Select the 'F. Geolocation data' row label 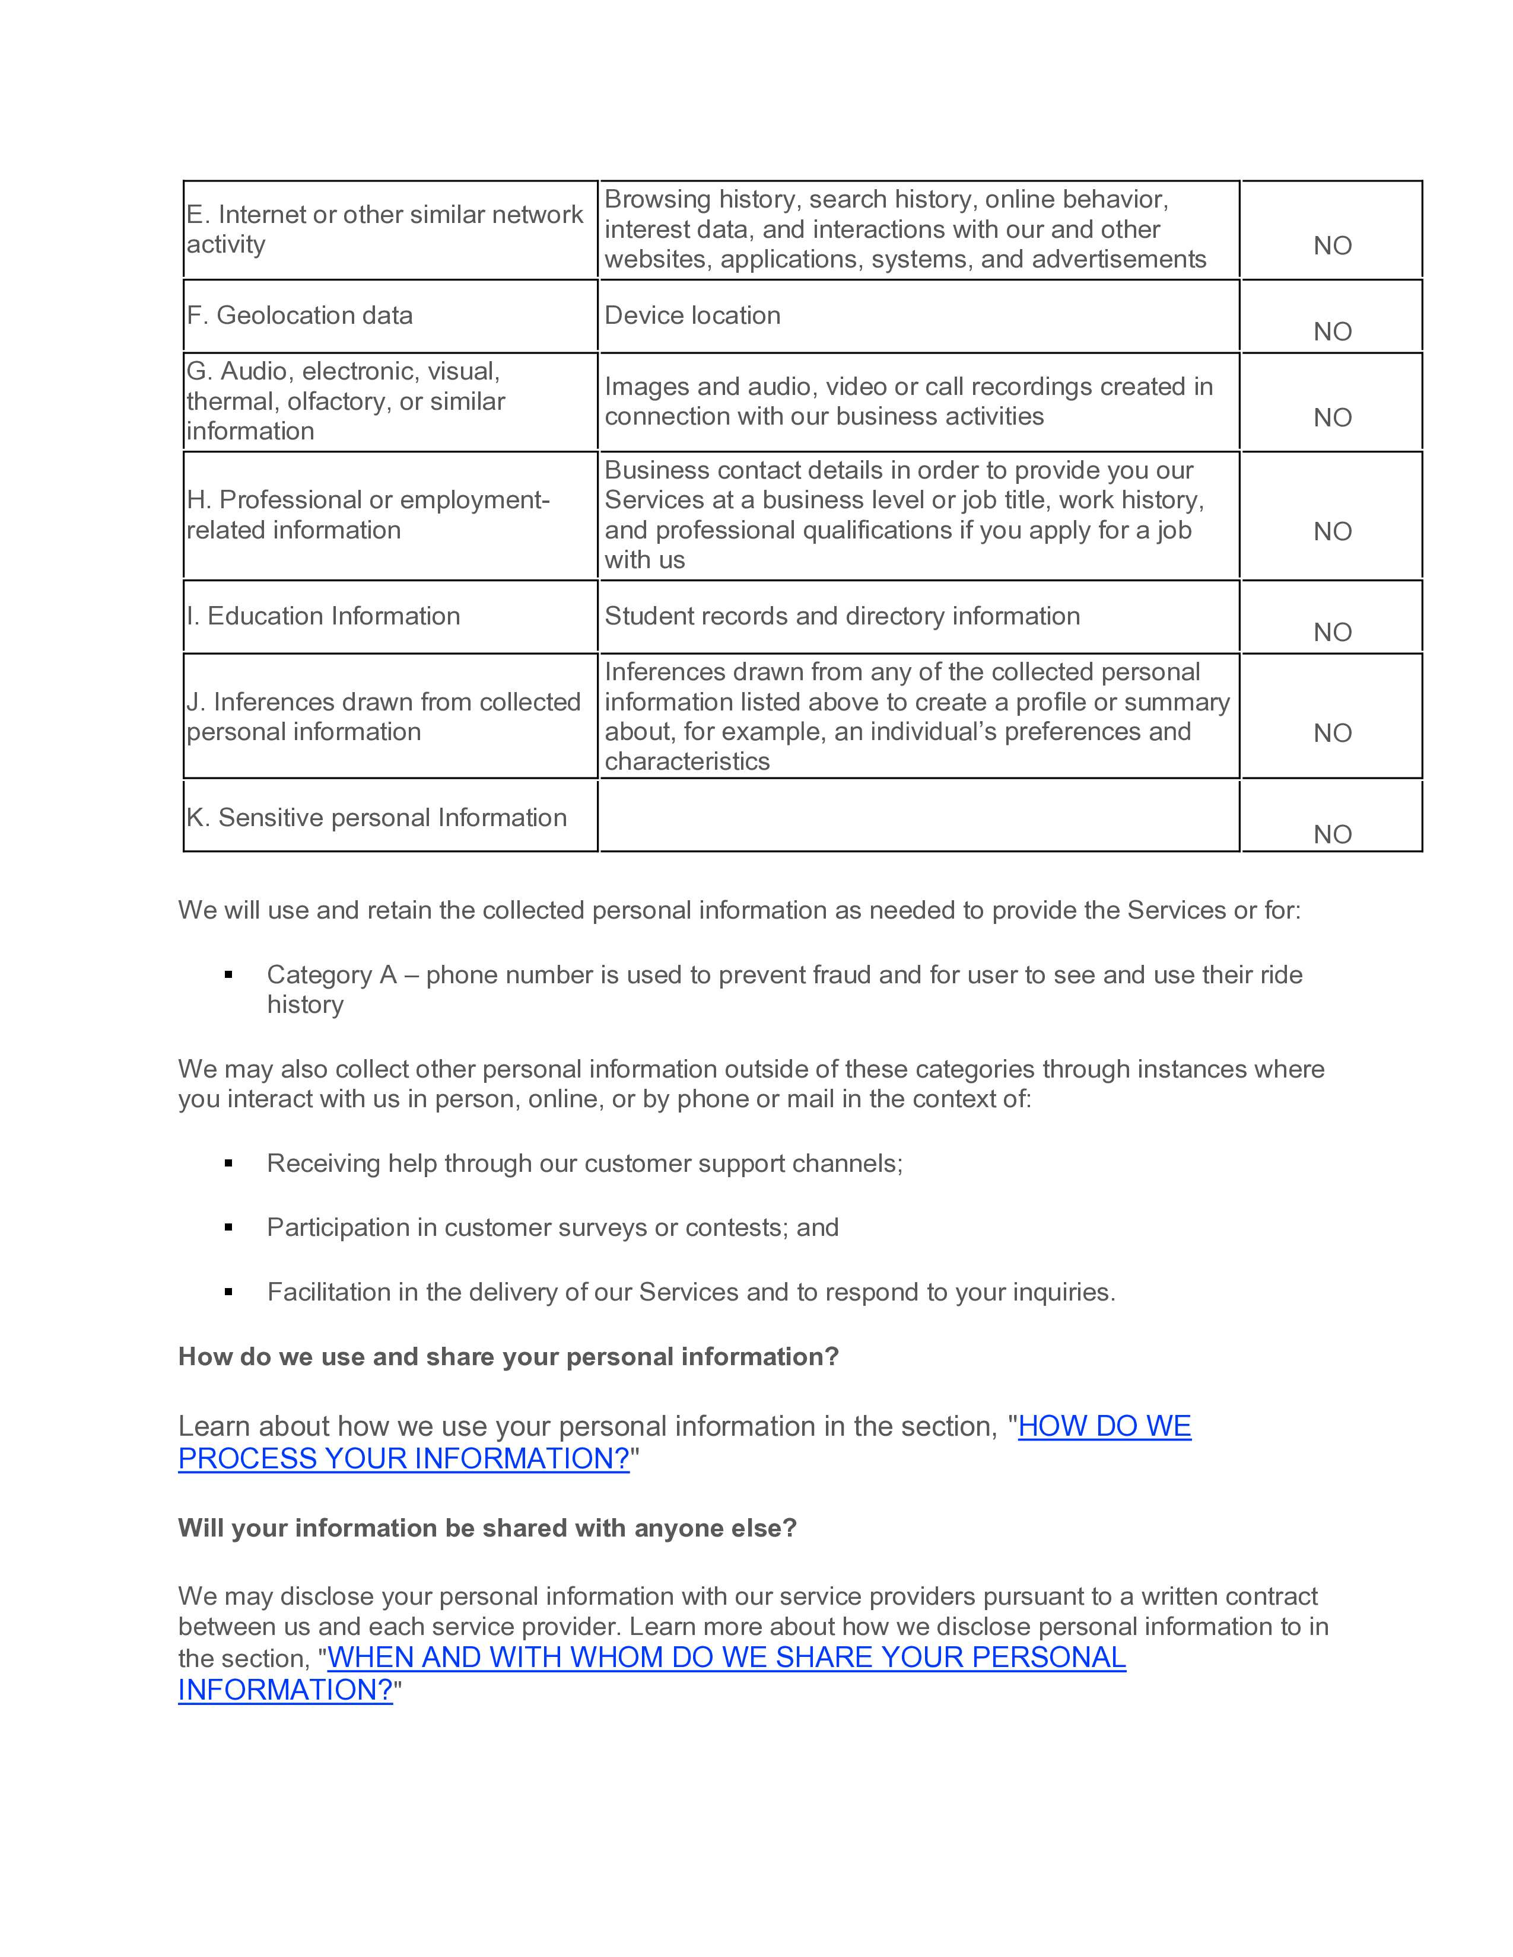300,315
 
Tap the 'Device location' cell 692,315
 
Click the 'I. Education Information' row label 323,616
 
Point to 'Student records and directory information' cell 842,616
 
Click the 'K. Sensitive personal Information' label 376,817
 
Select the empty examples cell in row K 918,815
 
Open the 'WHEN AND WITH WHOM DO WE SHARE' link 726,1657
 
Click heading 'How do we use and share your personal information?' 508,1357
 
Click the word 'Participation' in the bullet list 338,1228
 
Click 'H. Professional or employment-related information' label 367,514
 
